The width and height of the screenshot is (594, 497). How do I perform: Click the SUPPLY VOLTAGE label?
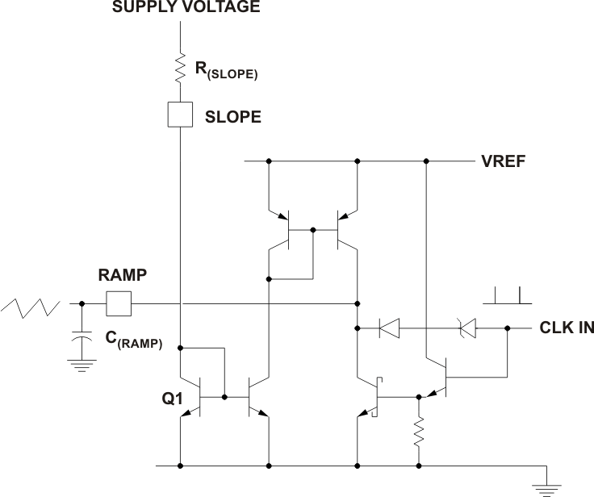186,8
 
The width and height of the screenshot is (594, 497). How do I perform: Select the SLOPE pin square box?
179,115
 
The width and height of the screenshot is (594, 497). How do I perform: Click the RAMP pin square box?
119,304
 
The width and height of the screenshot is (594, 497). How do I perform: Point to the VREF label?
503,161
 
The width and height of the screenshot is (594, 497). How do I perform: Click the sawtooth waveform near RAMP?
31,307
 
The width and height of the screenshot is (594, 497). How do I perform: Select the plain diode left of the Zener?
391,328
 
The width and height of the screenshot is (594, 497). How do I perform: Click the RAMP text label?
121,275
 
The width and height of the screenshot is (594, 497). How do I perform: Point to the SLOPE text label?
233,117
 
